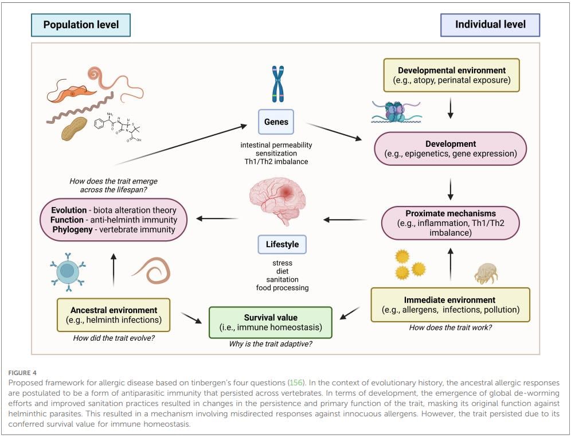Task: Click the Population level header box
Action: click(80, 25)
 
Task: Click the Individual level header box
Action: click(490, 25)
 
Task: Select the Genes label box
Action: click(276, 122)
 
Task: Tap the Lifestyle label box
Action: click(282, 244)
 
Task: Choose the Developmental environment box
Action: click(451, 75)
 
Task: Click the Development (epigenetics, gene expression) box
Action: click(451, 149)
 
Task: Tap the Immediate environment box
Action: click(450, 305)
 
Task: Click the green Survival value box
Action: click(270, 323)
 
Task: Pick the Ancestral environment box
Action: click(114, 315)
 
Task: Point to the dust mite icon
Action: click(486, 274)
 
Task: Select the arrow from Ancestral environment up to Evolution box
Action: click(114, 270)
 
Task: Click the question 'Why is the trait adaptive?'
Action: click(270, 344)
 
